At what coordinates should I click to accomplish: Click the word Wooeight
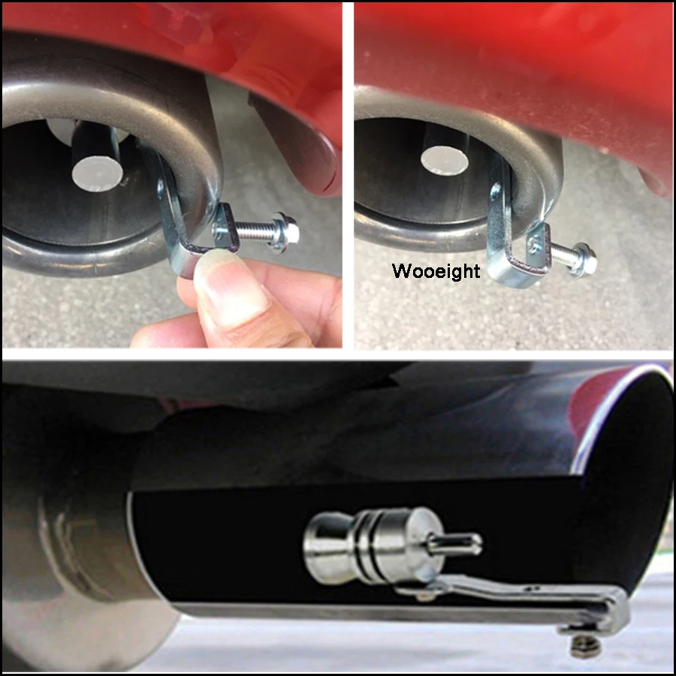click(x=436, y=271)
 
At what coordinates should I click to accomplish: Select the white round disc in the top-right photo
click(x=444, y=159)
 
